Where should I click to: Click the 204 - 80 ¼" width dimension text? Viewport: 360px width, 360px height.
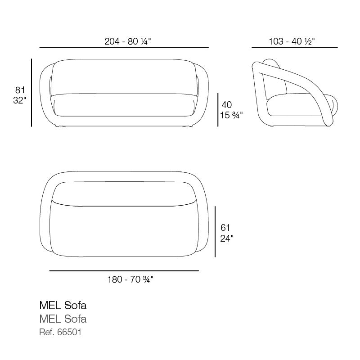(x=128, y=41)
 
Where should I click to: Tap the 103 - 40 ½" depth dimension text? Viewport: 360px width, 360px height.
(x=292, y=41)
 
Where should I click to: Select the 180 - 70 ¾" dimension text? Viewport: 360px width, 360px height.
(x=130, y=279)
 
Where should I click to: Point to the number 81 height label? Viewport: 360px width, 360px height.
(x=20, y=90)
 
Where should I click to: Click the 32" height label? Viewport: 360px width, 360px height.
(x=20, y=100)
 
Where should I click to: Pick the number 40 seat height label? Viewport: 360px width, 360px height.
(x=227, y=105)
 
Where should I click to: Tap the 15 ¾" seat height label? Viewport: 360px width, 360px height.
(x=231, y=115)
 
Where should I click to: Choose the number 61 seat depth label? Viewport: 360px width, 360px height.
(x=225, y=228)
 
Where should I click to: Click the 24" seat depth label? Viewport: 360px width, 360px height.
(x=227, y=238)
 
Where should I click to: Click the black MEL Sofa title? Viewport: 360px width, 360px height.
(x=63, y=306)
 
